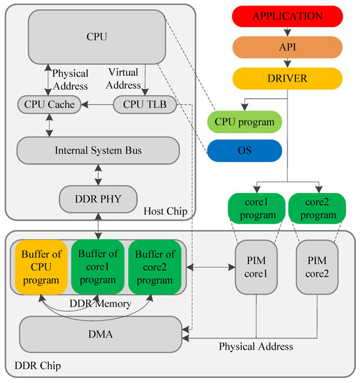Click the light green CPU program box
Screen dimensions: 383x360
244,121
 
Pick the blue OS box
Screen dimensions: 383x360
244,150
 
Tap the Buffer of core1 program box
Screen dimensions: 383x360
97,267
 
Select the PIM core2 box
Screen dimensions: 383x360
317,267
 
